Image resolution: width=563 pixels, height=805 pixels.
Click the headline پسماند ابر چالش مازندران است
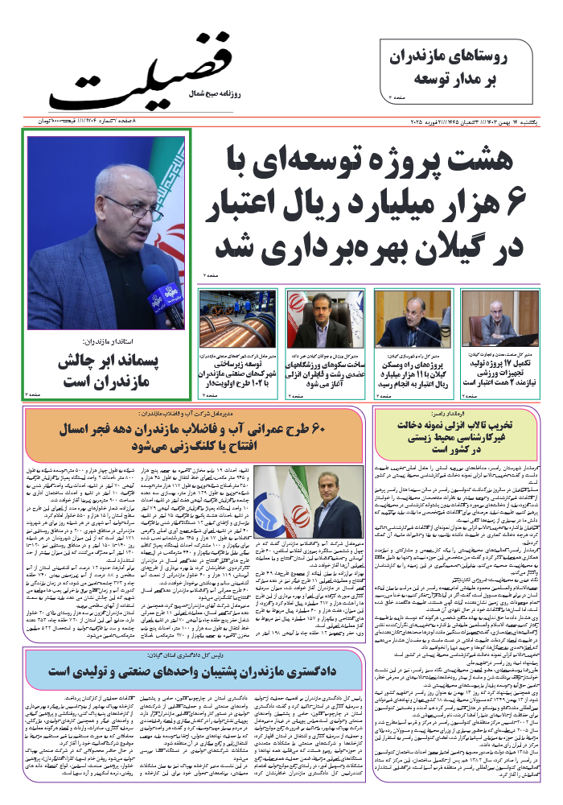point(109,371)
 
